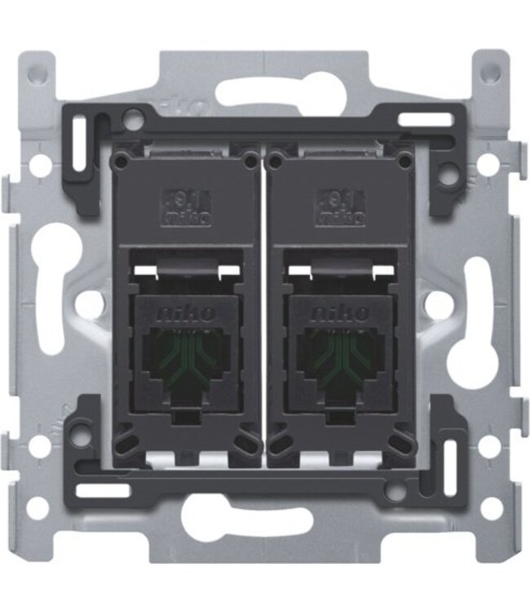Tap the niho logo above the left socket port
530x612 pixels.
187,313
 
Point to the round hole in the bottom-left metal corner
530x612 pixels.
38,508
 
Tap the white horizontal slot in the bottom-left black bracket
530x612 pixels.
101,490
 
